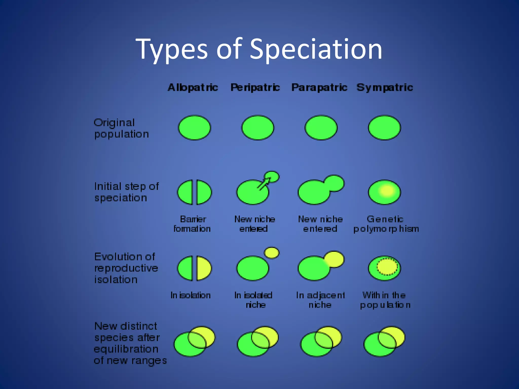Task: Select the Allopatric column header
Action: [x=193, y=87]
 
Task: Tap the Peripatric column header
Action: [x=255, y=87]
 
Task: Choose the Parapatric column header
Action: [x=319, y=87]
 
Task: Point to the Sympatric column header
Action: [x=385, y=87]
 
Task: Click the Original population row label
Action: [x=121, y=128]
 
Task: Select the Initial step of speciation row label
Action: [x=126, y=192]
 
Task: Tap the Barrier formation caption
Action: [x=192, y=224]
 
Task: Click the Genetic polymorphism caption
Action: [x=386, y=224]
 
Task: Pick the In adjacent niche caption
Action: [x=320, y=300]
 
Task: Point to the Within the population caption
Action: [x=385, y=300]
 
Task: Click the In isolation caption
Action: [x=191, y=295]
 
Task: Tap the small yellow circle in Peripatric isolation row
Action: [x=272, y=252]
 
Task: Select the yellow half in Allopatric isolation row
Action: [x=203, y=268]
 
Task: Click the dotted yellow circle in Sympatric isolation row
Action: [x=387, y=267]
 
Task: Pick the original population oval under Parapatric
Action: [x=321, y=128]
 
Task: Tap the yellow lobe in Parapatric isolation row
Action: [x=335, y=259]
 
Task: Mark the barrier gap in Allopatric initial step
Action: [x=195, y=192]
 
